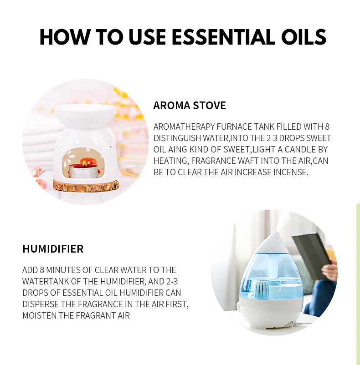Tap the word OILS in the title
[x=302, y=37]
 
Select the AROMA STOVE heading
[x=190, y=106]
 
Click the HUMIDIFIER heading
[x=53, y=249]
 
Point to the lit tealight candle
[x=83, y=169]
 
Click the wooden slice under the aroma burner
[x=86, y=185]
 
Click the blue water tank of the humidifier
[x=272, y=273]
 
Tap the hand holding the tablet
[x=329, y=271]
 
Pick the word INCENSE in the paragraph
[x=291, y=172]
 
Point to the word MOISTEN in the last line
[x=40, y=315]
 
